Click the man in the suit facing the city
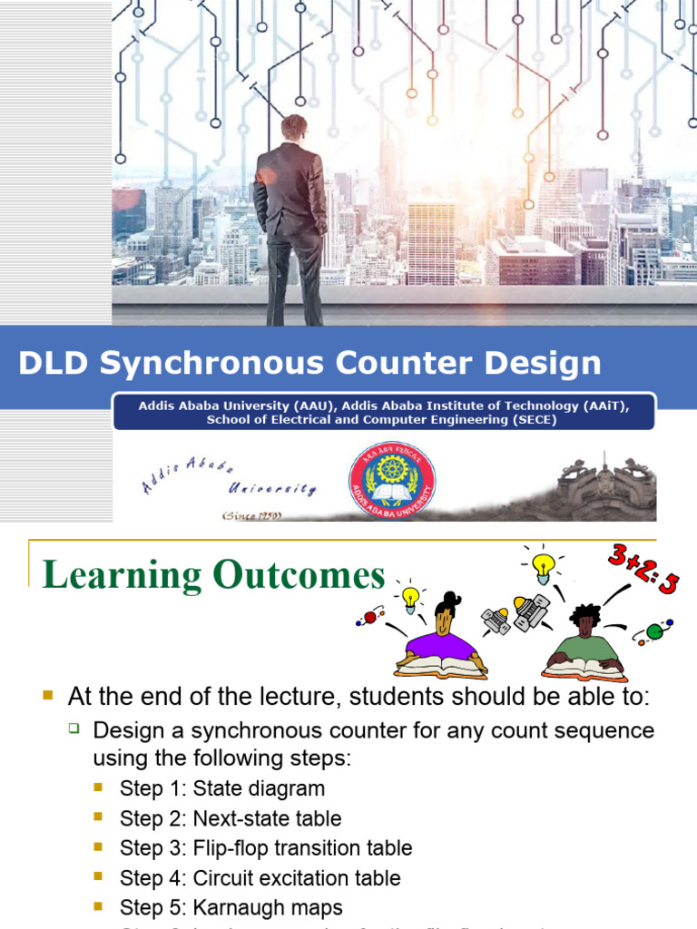[290, 218]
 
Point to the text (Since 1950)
[253, 515]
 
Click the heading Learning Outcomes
[214, 575]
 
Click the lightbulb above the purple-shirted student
[411, 597]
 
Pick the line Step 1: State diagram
[221, 788]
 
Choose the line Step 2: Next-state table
[231, 818]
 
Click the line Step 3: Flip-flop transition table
[266, 848]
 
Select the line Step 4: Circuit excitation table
[260, 878]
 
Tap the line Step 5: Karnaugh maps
[231, 908]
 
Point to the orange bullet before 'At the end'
[49, 696]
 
